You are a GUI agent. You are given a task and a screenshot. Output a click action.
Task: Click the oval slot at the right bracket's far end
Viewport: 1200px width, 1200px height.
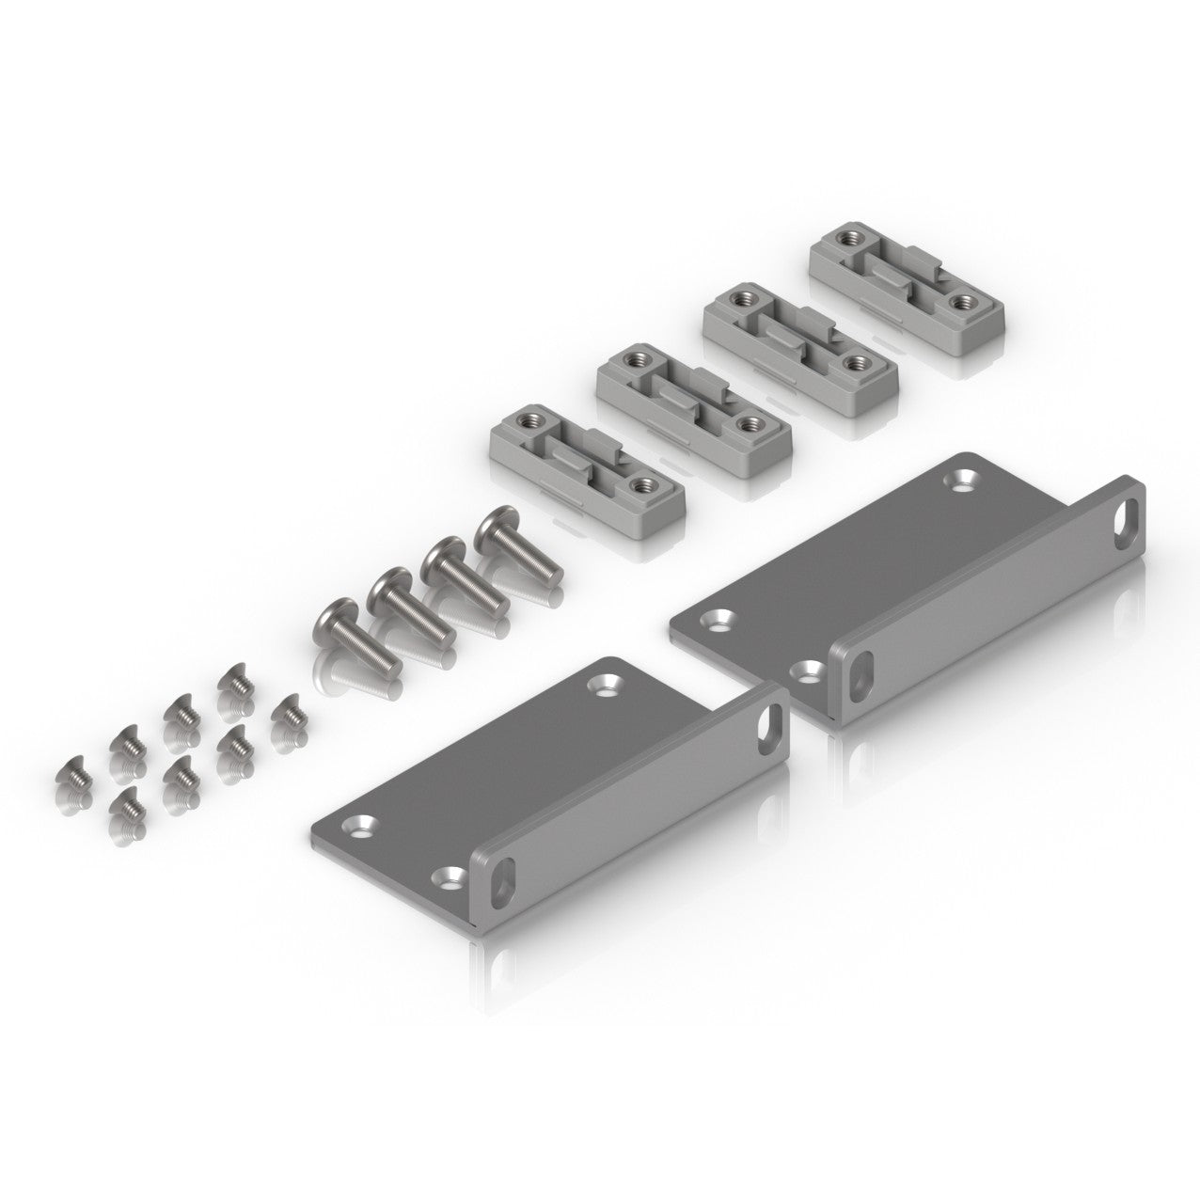(1127, 513)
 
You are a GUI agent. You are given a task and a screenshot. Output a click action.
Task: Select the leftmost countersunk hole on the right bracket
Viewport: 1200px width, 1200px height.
(722, 620)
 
